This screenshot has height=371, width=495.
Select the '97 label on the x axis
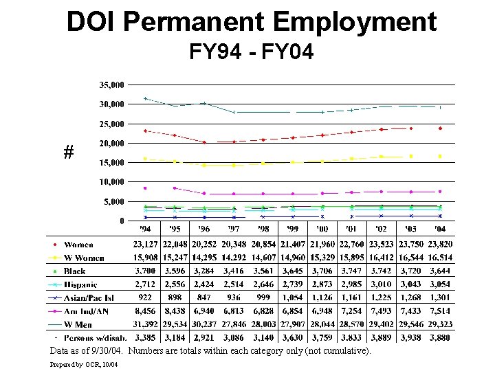click(x=233, y=229)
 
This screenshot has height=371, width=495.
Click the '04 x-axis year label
click(x=439, y=229)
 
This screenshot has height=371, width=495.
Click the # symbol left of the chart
click(x=68, y=153)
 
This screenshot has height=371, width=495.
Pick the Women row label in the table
click(x=78, y=245)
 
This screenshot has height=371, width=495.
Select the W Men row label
click(x=79, y=324)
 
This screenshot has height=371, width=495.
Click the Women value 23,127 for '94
click(x=146, y=245)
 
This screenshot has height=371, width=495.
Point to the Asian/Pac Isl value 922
click(x=146, y=297)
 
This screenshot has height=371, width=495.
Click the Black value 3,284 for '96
click(x=204, y=271)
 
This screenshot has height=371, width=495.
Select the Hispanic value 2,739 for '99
click(x=293, y=284)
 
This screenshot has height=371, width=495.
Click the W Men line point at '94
click(x=145, y=98)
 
